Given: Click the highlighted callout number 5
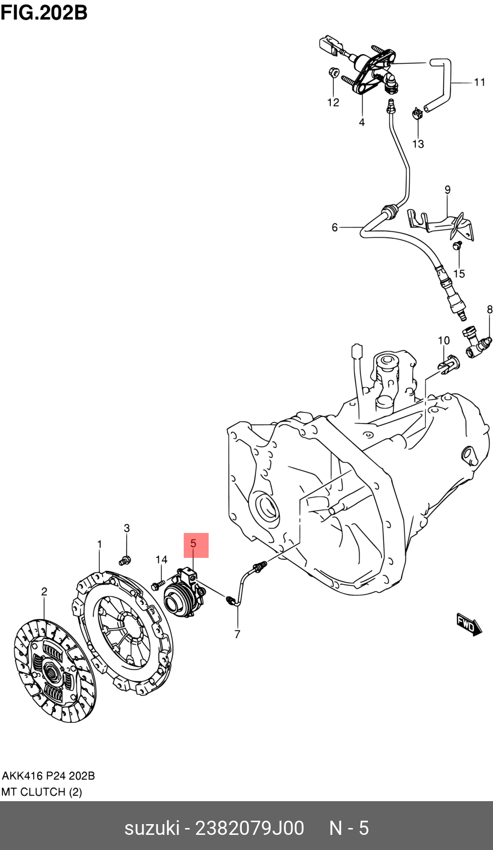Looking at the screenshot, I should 195,545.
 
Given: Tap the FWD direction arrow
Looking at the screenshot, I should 469,624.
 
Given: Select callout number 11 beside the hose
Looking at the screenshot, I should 479,82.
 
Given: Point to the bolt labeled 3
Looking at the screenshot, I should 125,560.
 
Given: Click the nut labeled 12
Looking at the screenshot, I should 331,72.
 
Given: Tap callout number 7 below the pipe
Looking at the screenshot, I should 237,634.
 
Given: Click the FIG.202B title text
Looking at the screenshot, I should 44,12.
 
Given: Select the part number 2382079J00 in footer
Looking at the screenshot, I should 249,828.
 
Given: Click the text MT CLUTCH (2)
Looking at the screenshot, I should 42,792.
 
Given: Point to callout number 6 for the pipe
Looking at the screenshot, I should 335,227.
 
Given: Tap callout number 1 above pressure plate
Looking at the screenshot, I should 100,544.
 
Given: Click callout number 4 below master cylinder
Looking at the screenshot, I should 362,122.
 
